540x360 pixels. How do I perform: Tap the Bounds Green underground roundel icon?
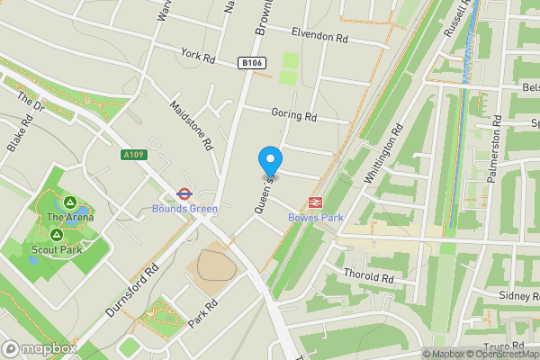coord(184,193)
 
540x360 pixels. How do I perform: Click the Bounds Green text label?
coord(184,210)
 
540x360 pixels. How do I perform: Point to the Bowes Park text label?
coord(316,218)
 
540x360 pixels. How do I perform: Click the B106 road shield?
coord(251,62)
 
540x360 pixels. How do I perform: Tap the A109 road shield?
coord(133,155)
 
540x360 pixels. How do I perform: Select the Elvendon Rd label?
coord(319,34)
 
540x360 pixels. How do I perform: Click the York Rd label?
coord(199,57)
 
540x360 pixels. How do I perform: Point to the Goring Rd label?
coord(293,115)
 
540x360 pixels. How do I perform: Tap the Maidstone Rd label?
coord(191,124)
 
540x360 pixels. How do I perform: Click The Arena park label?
coord(68,217)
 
